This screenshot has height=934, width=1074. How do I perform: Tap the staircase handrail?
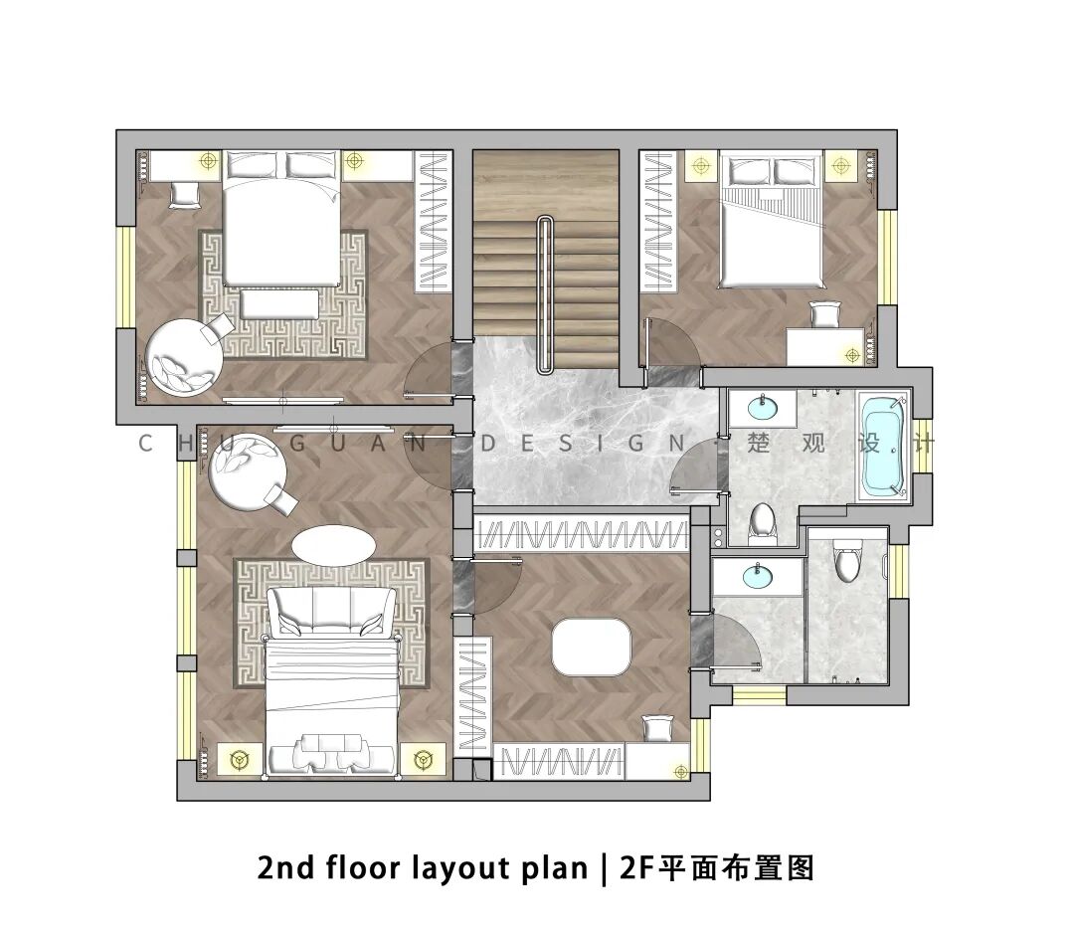pyautogui.click(x=545, y=294)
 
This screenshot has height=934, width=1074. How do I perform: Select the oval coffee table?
pyautogui.click(x=333, y=545)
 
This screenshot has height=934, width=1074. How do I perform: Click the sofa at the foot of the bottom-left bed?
pyautogui.click(x=331, y=611)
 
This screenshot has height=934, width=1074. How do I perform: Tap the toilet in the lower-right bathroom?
pyautogui.click(x=847, y=558)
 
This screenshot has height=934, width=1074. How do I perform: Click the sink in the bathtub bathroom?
pyautogui.click(x=762, y=409)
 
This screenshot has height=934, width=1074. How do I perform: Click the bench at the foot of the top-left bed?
pyautogui.click(x=279, y=303)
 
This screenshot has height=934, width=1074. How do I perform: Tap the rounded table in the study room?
pyautogui.click(x=592, y=647)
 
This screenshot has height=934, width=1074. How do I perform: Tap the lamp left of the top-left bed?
pyautogui.click(x=208, y=161)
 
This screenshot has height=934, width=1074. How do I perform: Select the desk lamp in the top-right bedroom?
pyautogui.click(x=852, y=355)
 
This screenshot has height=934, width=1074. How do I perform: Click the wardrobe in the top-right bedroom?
pyautogui.click(x=657, y=222)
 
